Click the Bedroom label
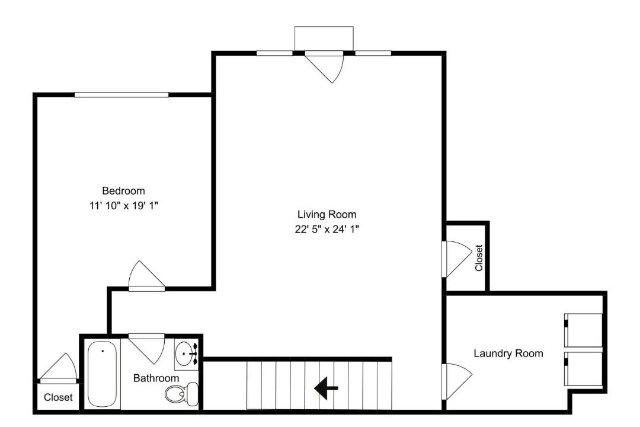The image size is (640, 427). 123,191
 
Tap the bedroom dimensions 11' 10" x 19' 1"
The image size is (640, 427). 124,206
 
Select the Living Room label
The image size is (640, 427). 327,215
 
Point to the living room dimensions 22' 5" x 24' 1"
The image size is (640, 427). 327,230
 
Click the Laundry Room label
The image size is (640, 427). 508,353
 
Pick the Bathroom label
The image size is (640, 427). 156,378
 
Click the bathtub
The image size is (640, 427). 103,374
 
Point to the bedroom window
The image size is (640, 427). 121,95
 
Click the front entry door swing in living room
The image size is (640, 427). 325,68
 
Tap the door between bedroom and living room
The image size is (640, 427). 146,276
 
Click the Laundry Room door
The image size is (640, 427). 456,381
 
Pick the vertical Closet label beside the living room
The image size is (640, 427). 479,258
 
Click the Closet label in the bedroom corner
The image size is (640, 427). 58,397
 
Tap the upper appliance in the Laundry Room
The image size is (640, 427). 583,330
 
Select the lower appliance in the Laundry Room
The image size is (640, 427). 583,368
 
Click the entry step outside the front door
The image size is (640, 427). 324,39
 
